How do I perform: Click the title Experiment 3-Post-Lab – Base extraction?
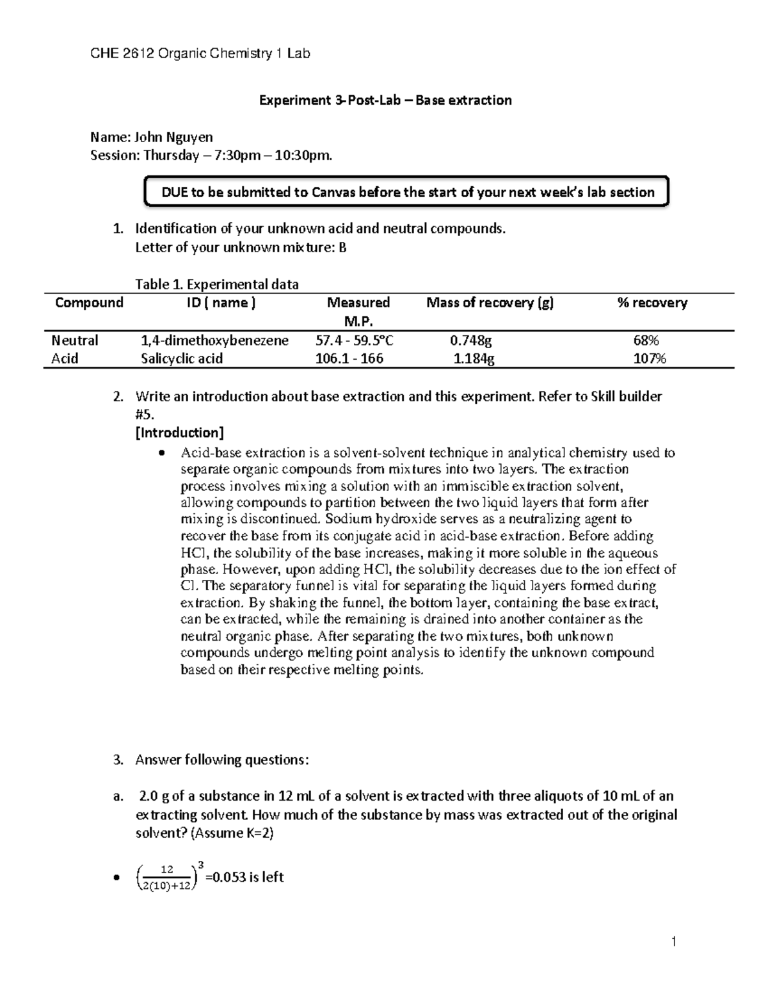coord(385,100)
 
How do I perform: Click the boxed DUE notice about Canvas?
coord(408,193)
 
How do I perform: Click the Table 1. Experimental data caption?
coord(217,284)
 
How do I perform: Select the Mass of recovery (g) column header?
coord(490,303)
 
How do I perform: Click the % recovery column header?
coord(652,303)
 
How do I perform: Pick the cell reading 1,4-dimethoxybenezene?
coord(214,341)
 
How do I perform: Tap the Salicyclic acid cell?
coord(182,358)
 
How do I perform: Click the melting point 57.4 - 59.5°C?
coord(355,341)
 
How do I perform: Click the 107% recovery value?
coord(650,358)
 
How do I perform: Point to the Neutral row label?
coord(75,341)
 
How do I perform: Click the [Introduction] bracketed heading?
coord(179,433)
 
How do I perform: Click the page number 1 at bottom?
coord(674,942)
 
